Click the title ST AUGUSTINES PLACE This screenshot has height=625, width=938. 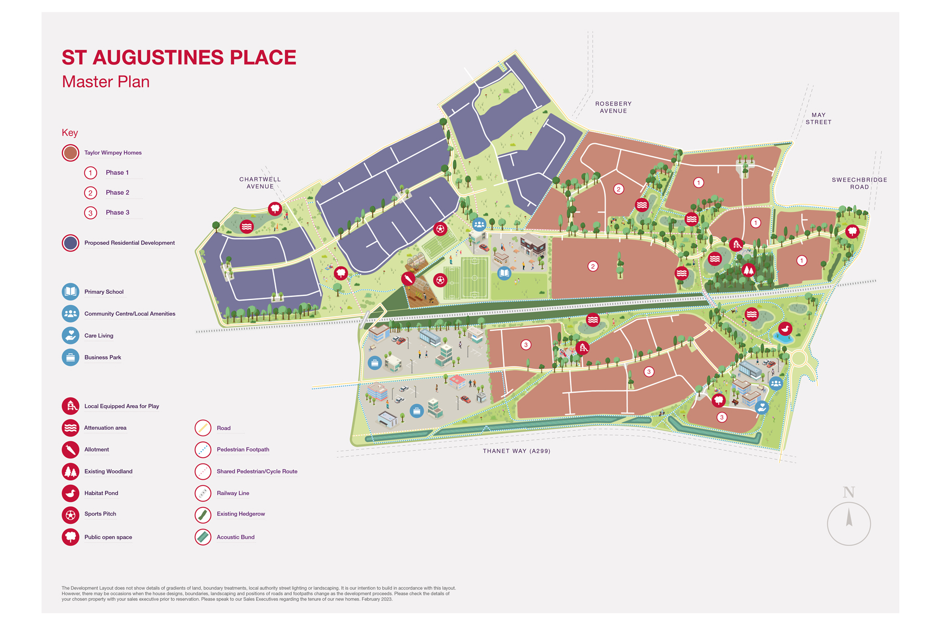[179, 57]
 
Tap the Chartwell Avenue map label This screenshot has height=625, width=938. [260, 183]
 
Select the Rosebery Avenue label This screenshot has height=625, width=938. [613, 107]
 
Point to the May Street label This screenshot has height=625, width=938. [818, 119]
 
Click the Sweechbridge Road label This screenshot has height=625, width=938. [859, 183]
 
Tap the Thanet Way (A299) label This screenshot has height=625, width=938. [516, 451]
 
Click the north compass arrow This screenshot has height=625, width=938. [849, 518]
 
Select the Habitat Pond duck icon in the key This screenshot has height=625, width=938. [70, 493]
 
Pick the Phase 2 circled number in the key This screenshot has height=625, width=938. [91, 193]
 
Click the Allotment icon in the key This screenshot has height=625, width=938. [70, 449]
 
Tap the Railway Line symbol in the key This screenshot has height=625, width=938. [203, 493]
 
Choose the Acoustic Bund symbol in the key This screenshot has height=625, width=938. [203, 537]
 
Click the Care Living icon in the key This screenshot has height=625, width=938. [70, 335]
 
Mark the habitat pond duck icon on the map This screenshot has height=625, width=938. [785, 329]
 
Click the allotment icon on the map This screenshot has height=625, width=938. [408, 279]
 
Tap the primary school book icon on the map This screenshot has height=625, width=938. [504, 273]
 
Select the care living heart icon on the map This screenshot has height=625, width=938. [762, 407]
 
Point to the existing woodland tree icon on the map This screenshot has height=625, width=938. [748, 270]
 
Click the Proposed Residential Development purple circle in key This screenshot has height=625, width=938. [70, 243]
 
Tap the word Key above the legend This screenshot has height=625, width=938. [70, 133]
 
